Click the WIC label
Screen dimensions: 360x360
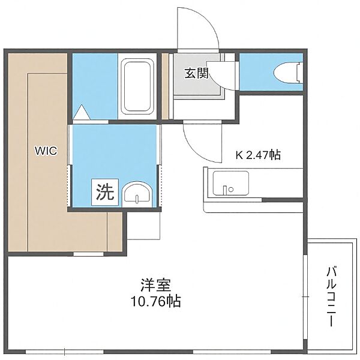pyautogui.click(x=46, y=151)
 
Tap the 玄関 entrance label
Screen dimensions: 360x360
pyautogui.click(x=197, y=73)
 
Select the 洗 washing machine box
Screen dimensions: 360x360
pyautogui.click(x=105, y=192)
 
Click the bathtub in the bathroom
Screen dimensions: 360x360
pyautogui.click(x=137, y=86)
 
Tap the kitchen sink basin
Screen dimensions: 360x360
pyautogui.click(x=231, y=183)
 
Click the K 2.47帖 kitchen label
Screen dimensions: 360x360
pyautogui.click(x=258, y=155)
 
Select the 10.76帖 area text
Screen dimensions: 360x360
pyautogui.click(x=156, y=301)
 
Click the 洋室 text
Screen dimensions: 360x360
pyautogui.click(x=156, y=284)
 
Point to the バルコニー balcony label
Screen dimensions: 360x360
pyautogui.click(x=332, y=296)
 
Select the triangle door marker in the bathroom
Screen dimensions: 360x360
pyautogui.click(x=81, y=112)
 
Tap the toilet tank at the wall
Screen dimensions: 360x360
pyautogui.click(x=299, y=73)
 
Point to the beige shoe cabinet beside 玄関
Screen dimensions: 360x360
pyautogui.click(x=165, y=86)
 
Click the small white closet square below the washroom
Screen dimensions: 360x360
pyautogui.click(x=143, y=226)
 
